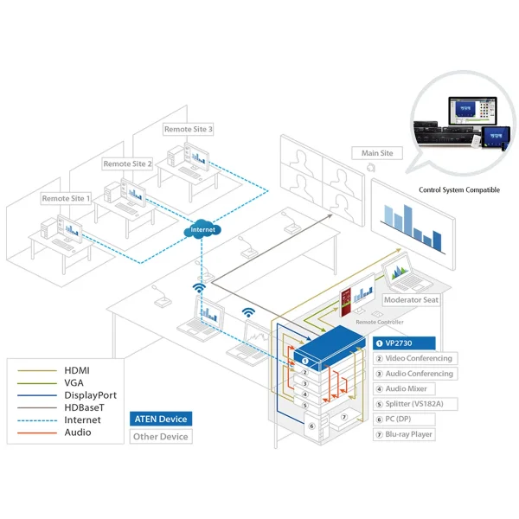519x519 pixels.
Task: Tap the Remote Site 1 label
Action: point(67,198)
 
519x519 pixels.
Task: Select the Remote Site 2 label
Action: point(128,163)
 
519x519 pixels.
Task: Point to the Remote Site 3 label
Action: point(189,129)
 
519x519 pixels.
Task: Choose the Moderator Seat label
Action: point(411,300)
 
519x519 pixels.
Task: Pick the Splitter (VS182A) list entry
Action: point(413,404)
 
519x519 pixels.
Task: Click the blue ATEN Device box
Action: point(159,420)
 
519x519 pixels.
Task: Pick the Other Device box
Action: point(161,436)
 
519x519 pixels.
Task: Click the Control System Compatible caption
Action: point(458,189)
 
